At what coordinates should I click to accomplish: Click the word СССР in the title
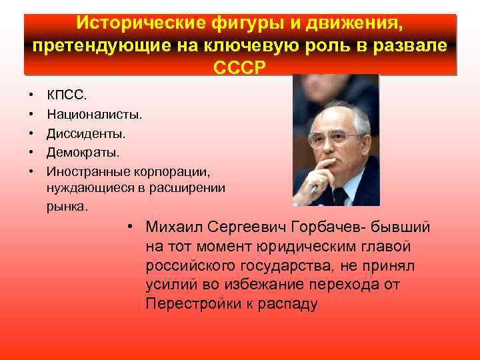click(x=240, y=68)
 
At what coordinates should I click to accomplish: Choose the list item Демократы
click(x=83, y=153)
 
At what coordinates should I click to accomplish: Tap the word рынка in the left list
click(x=66, y=207)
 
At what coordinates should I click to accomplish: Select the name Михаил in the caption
click(x=174, y=228)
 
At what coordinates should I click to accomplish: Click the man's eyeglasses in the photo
click(x=333, y=139)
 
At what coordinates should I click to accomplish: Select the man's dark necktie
click(x=340, y=197)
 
